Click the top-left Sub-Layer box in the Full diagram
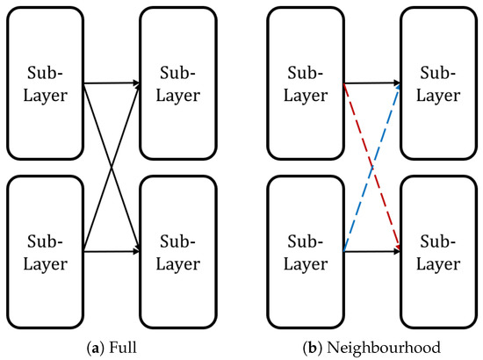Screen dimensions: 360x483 coord(43,83)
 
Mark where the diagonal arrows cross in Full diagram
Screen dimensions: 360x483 coord(111,168)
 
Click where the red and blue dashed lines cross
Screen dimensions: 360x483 coord(372,168)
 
